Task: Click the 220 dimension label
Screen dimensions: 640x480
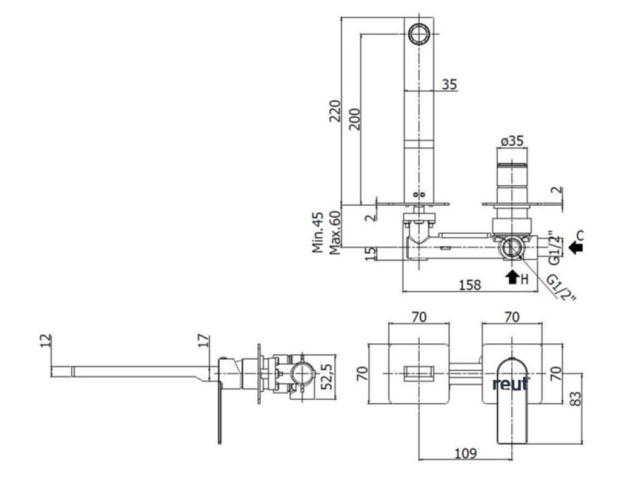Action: coord(335,110)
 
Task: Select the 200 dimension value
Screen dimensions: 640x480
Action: coord(355,119)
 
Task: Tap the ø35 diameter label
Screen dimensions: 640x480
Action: coord(512,141)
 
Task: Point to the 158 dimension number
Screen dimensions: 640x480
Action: coord(470,285)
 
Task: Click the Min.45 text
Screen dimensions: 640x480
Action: coord(318,232)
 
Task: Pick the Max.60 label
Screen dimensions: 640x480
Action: coord(334,232)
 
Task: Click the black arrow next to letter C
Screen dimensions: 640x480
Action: coord(575,247)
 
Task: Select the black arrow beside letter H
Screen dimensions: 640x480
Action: coord(512,277)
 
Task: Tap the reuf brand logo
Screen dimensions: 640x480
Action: coord(511,384)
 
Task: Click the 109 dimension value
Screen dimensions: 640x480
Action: coord(466,453)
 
